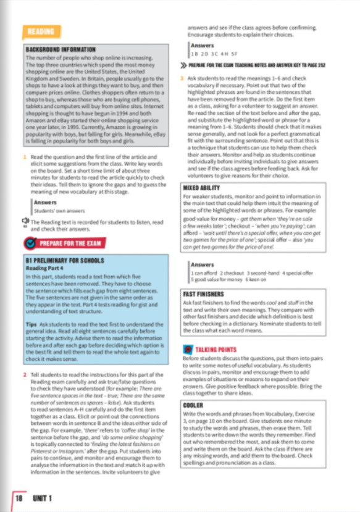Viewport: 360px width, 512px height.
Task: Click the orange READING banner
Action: (41, 31)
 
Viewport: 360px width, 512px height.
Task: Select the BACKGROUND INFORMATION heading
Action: (61, 49)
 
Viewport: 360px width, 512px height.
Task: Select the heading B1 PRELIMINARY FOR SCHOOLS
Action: (61, 261)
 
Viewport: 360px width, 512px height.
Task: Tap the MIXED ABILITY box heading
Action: (204, 187)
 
